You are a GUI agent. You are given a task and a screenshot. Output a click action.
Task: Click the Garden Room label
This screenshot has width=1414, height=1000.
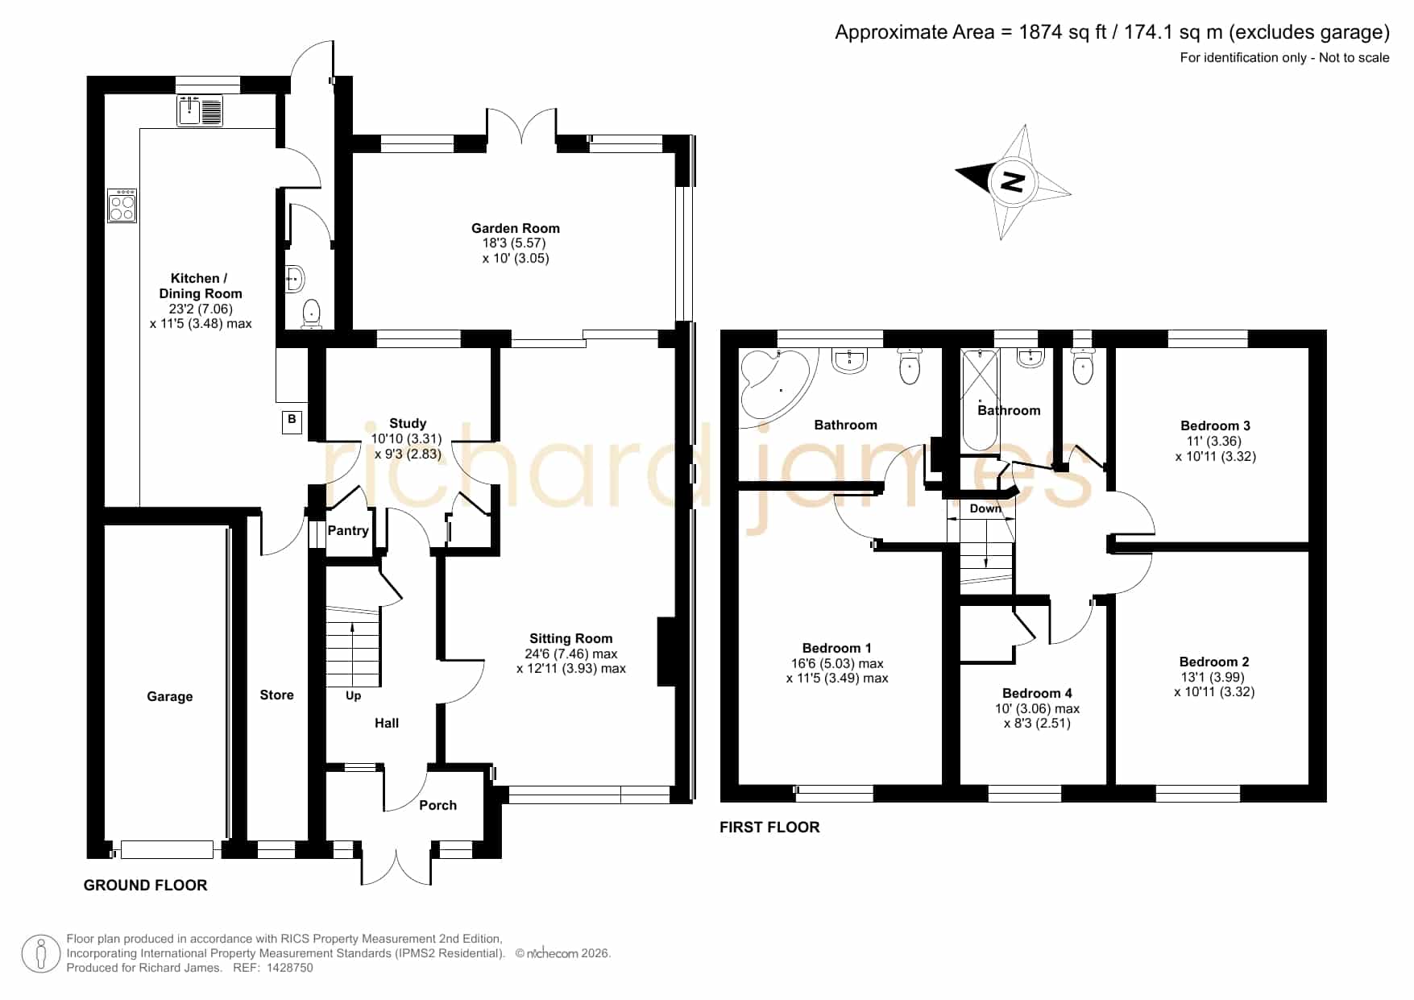pyautogui.click(x=516, y=229)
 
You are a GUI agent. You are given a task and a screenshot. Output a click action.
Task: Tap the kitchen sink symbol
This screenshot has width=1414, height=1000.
pyautogui.click(x=200, y=110)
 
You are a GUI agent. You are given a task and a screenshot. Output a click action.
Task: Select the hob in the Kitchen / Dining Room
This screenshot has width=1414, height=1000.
pyautogui.click(x=122, y=205)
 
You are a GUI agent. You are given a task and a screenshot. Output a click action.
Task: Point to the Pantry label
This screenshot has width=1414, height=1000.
pyautogui.click(x=348, y=530)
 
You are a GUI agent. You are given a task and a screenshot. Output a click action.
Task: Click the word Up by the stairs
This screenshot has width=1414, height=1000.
pyautogui.click(x=353, y=695)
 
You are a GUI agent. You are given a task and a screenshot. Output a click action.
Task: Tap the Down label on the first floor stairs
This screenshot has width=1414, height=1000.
pyautogui.click(x=985, y=508)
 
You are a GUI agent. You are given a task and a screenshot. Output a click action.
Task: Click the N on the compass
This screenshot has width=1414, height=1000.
pyautogui.click(x=1012, y=181)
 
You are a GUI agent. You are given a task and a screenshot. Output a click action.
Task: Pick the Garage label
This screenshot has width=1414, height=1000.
pyautogui.click(x=169, y=696)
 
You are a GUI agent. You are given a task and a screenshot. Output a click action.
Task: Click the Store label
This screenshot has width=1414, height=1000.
pyautogui.click(x=276, y=695)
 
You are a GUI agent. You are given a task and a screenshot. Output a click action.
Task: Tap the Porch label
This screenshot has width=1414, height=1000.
pyautogui.click(x=437, y=805)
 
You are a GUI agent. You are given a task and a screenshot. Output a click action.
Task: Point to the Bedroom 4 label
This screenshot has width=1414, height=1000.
pyautogui.click(x=1037, y=693)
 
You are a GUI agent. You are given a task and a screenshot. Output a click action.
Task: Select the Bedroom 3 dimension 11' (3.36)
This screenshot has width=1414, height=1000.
pyautogui.click(x=1214, y=441)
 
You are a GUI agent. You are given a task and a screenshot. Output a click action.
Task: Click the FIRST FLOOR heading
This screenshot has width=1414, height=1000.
pyautogui.click(x=769, y=827)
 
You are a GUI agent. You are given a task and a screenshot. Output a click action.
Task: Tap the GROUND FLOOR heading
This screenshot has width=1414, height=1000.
pyautogui.click(x=146, y=885)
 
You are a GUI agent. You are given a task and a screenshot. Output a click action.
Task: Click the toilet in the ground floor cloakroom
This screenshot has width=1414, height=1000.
pyautogui.click(x=311, y=313)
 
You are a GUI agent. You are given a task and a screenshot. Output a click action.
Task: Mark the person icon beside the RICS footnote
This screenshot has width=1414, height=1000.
pyautogui.click(x=41, y=954)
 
